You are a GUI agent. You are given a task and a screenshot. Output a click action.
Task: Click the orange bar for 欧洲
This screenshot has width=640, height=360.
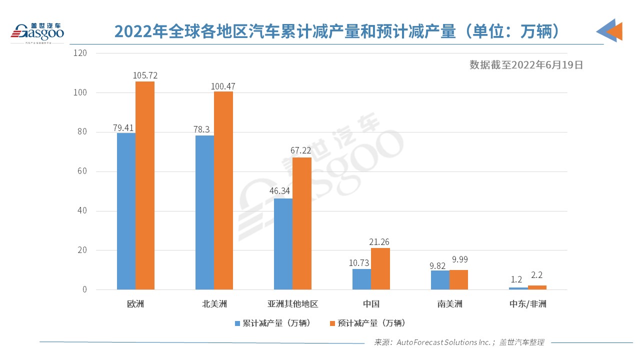pyautogui.click(x=145, y=185)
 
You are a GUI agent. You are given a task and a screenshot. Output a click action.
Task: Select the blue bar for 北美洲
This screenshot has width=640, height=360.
pyautogui.click(x=204, y=212)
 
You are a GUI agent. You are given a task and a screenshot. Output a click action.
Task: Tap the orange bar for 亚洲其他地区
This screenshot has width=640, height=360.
pyautogui.click(x=301, y=223)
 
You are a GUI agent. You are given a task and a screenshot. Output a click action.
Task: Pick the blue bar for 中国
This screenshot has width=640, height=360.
pyautogui.click(x=361, y=279)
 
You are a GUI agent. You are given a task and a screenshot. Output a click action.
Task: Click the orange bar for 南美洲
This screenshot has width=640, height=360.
pyautogui.click(x=458, y=279)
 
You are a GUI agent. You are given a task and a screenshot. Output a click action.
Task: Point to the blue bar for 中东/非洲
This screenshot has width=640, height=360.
pyautogui.click(x=518, y=288)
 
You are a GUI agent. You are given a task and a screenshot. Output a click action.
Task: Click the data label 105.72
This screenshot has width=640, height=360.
pyautogui.click(x=145, y=75)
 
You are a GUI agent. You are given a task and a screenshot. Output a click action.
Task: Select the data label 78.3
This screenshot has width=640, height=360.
pyautogui.click(x=204, y=129)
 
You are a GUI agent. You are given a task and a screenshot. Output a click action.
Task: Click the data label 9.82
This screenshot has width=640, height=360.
pyautogui.click(x=440, y=263)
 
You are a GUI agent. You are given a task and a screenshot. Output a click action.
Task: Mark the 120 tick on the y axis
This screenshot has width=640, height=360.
pyautogui.click(x=80, y=53)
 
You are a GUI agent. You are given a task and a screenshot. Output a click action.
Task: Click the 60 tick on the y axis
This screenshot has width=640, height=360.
pyautogui.click(x=82, y=171)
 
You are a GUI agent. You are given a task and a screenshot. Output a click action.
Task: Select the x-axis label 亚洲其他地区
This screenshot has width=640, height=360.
pyautogui.click(x=293, y=304)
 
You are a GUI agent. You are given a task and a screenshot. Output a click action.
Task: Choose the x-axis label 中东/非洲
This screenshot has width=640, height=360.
pyautogui.click(x=527, y=304)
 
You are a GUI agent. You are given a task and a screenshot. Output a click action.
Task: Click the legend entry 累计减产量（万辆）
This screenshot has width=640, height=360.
pyautogui.click(x=273, y=323)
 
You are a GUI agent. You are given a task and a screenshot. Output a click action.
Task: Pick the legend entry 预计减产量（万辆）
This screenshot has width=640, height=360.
pyautogui.click(x=367, y=323)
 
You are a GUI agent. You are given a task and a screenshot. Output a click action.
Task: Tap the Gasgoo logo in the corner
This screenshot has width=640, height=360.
pyautogui.click(x=37, y=32)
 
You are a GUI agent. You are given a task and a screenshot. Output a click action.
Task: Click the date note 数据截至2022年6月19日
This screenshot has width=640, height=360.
pyautogui.click(x=526, y=65)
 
